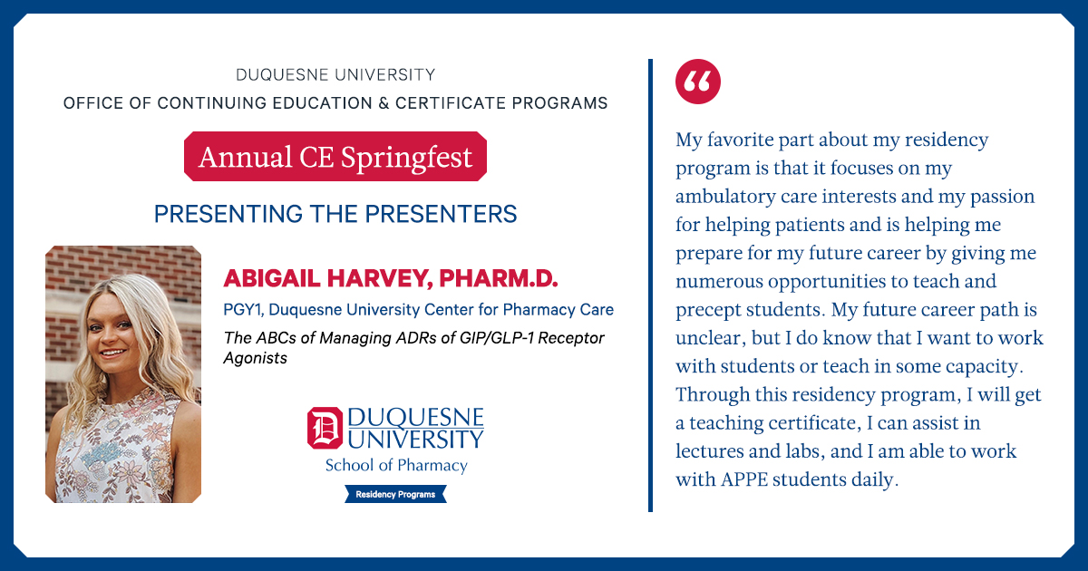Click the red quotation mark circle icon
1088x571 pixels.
(x=698, y=82)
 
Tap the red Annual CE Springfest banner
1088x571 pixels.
(x=335, y=156)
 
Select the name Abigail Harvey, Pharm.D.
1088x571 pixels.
(x=391, y=278)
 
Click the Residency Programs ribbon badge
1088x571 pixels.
(x=395, y=494)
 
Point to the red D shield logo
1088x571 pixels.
(x=325, y=428)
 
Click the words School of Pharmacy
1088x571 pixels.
(x=396, y=465)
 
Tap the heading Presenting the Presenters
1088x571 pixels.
(x=335, y=214)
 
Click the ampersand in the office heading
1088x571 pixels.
(x=384, y=103)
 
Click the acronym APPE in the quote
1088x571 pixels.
(x=743, y=479)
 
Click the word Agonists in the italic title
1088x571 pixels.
(x=256, y=358)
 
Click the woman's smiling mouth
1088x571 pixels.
(x=112, y=353)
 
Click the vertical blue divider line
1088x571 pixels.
(x=650, y=285)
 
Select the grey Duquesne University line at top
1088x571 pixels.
(x=335, y=74)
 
